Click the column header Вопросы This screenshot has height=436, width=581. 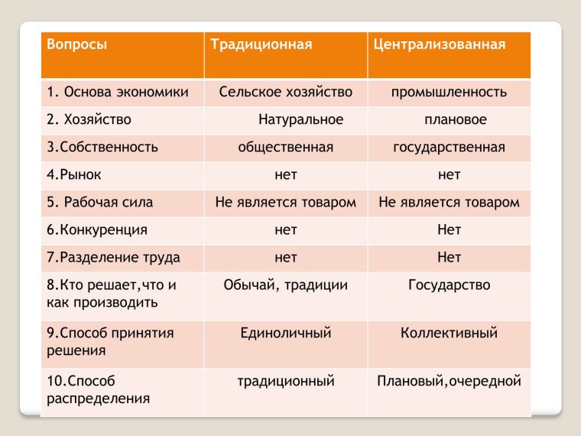(x=76, y=44)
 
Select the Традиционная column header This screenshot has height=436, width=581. (x=261, y=44)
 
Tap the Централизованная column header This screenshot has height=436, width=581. (x=440, y=44)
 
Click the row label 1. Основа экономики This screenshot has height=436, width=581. (x=117, y=93)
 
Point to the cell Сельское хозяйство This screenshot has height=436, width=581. (x=285, y=93)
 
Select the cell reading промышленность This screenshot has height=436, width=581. (x=449, y=93)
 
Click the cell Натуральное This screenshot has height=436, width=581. (x=300, y=120)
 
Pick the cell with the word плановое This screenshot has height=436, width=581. (x=455, y=120)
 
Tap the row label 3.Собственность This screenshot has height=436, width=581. (x=102, y=148)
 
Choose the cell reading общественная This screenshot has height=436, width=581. (x=285, y=148)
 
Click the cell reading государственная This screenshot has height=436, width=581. (x=449, y=148)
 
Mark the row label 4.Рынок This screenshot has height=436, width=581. (x=74, y=175)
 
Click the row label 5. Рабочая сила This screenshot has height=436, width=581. (x=99, y=203)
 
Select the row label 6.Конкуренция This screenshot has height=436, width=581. (x=97, y=229)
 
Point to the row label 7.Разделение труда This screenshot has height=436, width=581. (x=113, y=257)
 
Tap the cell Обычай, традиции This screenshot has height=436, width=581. (x=285, y=285)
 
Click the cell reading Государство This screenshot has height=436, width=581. (x=449, y=285)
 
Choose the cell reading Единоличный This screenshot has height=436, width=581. (x=285, y=333)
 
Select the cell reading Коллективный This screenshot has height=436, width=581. (x=449, y=333)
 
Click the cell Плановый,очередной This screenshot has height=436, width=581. (x=449, y=380)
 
